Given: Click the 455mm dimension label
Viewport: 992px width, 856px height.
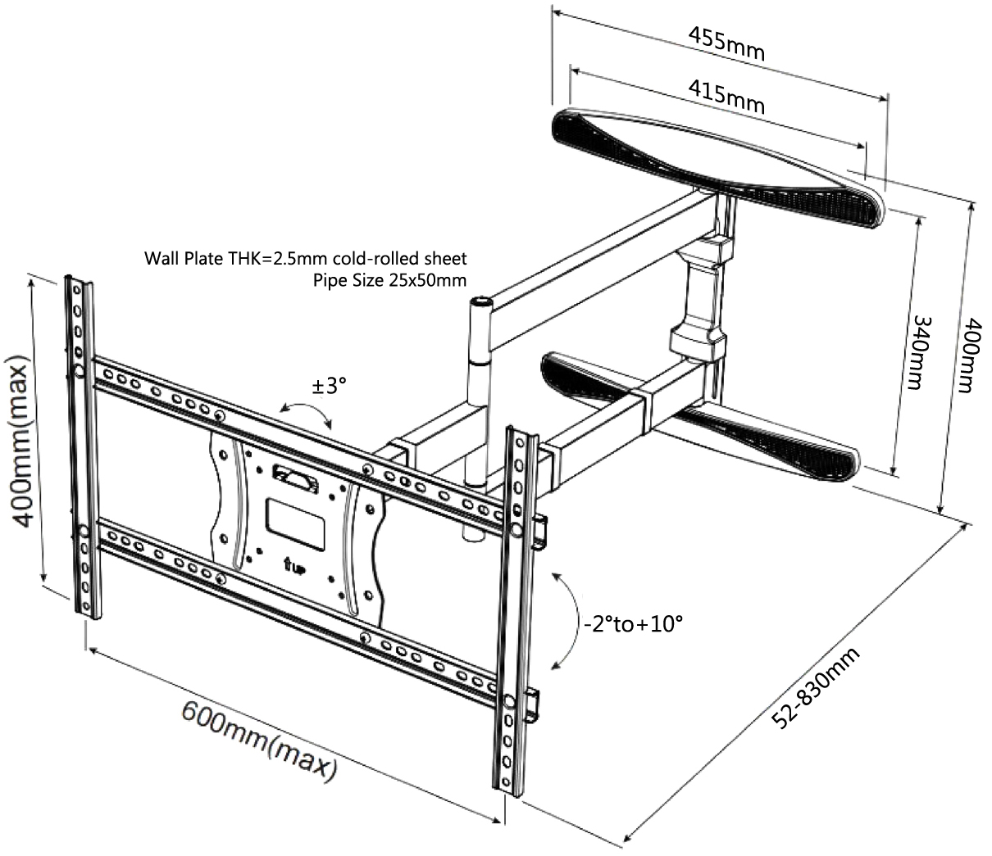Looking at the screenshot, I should click(726, 44).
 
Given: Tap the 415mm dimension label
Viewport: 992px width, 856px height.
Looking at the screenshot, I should click(726, 97).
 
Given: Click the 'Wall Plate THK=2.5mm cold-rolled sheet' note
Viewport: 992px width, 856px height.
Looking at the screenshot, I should click(306, 259).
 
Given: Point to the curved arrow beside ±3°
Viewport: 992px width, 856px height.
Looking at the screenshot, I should click(305, 414).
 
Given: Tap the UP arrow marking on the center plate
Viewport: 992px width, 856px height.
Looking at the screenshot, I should click(292, 565).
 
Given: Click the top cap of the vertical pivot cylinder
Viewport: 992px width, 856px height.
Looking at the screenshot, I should click(480, 302).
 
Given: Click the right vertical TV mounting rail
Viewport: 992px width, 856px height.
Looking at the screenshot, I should click(515, 606).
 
